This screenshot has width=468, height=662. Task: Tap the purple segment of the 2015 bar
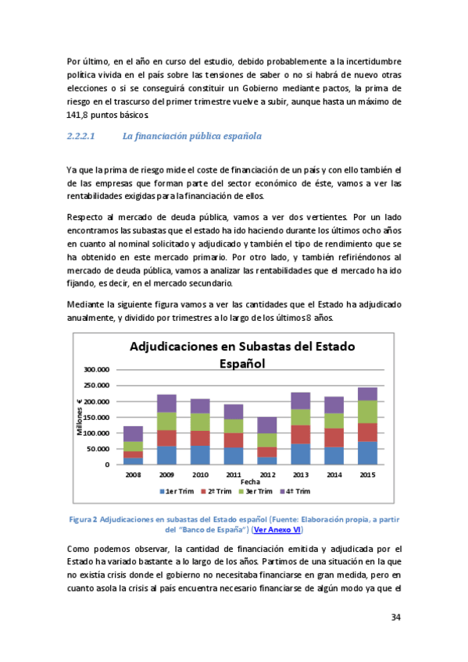(367, 393)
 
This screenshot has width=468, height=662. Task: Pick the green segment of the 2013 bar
(300, 417)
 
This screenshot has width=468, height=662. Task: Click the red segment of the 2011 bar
(234, 440)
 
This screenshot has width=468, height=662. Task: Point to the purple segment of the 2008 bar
(133, 433)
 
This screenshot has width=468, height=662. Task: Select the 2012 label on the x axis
(266, 474)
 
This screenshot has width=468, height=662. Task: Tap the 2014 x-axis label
(334, 474)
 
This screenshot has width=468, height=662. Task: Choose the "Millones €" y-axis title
(80, 417)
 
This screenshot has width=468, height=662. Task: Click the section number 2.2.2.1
(81, 137)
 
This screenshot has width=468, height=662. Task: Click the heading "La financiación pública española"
(192, 137)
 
